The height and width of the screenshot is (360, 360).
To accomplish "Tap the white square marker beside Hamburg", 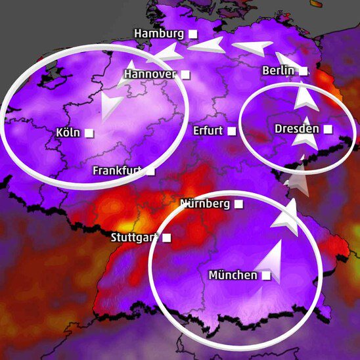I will click(x=193, y=34).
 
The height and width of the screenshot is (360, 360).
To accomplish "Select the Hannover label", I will click(x=150, y=74).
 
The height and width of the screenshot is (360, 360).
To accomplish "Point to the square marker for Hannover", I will click(x=186, y=75).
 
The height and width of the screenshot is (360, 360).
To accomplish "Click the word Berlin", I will click(x=277, y=70).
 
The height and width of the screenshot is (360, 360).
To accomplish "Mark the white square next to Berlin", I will click(x=303, y=71).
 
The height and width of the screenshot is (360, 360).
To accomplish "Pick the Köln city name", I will click(x=68, y=133).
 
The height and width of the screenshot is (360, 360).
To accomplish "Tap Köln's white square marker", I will click(x=89, y=133).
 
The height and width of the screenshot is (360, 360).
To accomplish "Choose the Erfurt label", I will click(x=208, y=130).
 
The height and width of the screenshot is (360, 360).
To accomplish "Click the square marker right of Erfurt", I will click(x=232, y=131).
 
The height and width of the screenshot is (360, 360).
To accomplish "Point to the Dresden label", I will click(x=297, y=129).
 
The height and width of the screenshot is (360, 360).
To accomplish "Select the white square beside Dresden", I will click(x=328, y=129).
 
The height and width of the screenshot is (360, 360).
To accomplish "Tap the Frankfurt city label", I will click(x=118, y=170).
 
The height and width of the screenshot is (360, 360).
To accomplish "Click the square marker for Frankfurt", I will click(x=151, y=171).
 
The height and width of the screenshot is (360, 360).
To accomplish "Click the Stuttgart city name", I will click(x=134, y=237).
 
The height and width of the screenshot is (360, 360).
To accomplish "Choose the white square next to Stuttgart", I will click(x=167, y=237).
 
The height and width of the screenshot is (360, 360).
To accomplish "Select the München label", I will click(x=233, y=275).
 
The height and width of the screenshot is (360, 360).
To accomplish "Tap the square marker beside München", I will click(x=266, y=276).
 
